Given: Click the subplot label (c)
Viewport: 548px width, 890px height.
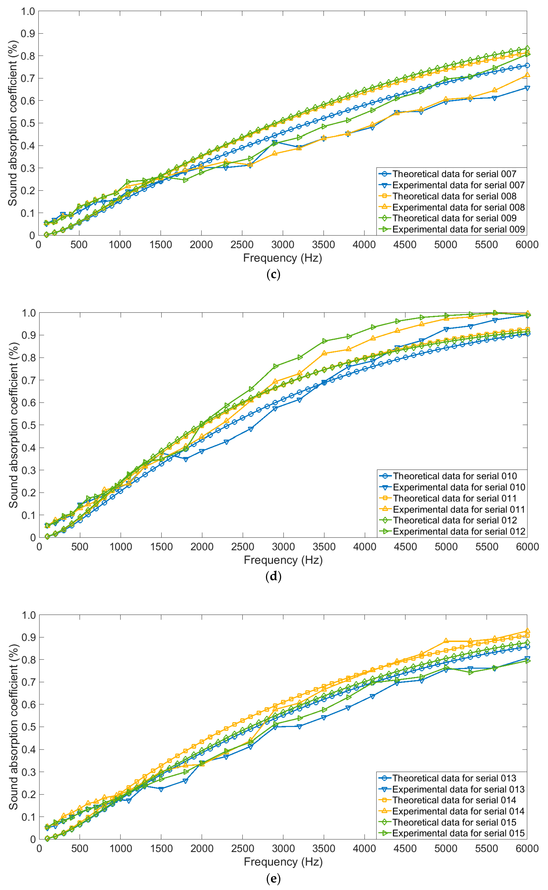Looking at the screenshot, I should (x=273, y=274).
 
